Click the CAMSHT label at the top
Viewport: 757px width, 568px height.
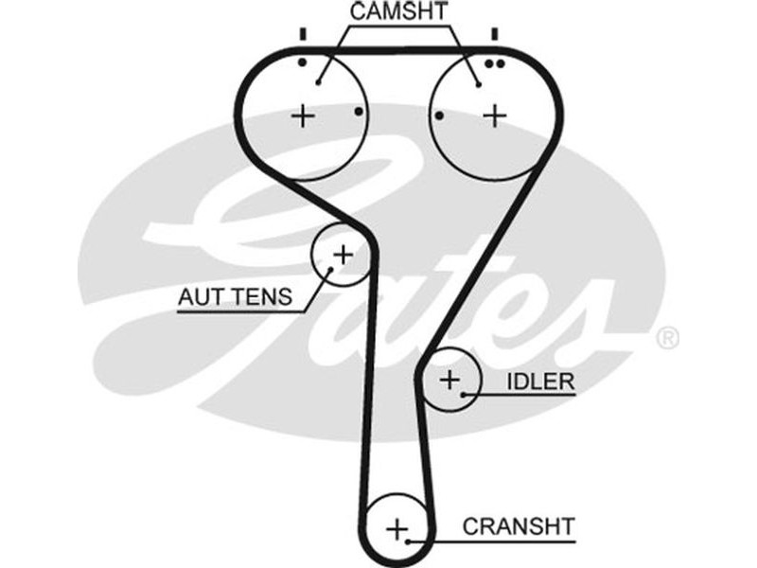coord(398,12)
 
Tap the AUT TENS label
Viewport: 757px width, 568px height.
coord(235,298)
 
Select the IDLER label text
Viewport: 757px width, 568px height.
coord(541,382)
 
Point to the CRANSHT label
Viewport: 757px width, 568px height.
coord(519,524)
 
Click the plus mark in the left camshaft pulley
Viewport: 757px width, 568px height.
coord(302,115)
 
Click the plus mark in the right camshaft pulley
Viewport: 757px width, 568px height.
coord(495,115)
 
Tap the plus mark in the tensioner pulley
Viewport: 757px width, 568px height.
coord(343,254)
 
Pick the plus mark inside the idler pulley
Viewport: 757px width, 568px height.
coord(449,381)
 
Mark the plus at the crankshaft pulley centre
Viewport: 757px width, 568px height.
coord(397,526)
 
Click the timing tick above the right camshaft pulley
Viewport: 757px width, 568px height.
coord(494,35)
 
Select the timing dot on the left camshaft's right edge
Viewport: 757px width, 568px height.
coord(359,112)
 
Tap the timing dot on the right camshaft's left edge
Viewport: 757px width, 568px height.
coord(440,116)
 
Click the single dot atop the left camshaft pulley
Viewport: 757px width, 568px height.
coord(302,63)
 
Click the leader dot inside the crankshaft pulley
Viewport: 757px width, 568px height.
coord(408,542)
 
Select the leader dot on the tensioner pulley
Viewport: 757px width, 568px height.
coord(331,269)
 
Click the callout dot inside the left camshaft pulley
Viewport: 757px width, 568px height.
coord(320,82)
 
